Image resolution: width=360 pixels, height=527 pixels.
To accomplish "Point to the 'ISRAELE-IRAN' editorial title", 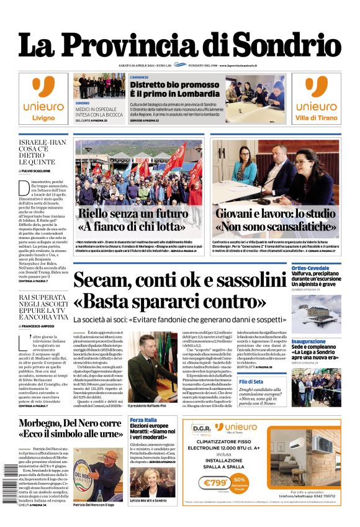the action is click(x=42, y=142).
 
